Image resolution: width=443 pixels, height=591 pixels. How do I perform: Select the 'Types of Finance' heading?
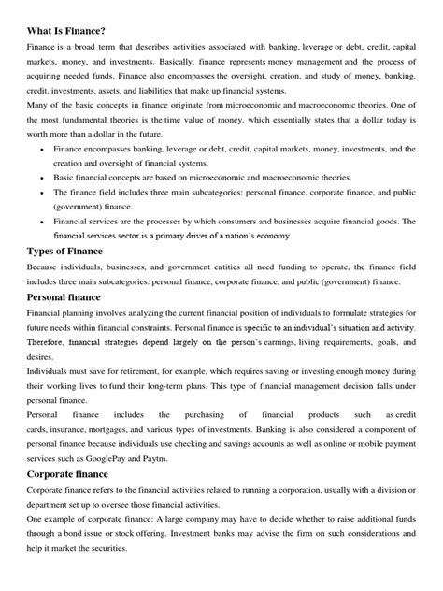[77, 252]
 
